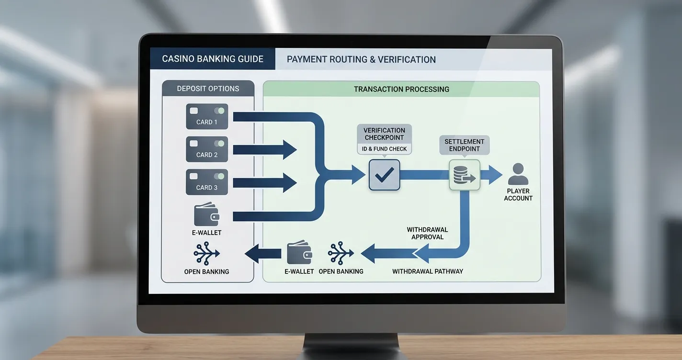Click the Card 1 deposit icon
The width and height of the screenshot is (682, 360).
(x=207, y=116)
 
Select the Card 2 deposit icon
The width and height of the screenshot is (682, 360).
(x=207, y=149)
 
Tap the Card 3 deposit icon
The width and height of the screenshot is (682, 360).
(x=207, y=182)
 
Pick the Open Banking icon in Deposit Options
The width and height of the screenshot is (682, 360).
(x=206, y=253)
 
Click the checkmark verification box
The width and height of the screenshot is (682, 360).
(x=384, y=175)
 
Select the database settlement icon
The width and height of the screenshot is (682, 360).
(x=464, y=175)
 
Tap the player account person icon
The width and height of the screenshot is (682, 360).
(x=518, y=174)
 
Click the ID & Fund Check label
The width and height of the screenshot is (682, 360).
(x=384, y=149)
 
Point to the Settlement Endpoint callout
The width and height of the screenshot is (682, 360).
(x=464, y=145)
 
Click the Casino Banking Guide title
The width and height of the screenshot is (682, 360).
(x=213, y=59)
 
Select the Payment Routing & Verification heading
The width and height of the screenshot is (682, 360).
(x=361, y=59)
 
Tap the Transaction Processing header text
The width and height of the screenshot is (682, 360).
(x=401, y=89)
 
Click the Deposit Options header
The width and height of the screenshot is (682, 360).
(x=208, y=89)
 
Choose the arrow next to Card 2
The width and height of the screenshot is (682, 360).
(x=265, y=150)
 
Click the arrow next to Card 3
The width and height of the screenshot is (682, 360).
(x=265, y=182)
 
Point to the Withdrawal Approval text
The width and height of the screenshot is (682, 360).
(x=428, y=234)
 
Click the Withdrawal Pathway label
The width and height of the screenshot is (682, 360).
(x=428, y=271)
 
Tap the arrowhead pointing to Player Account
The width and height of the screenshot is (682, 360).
(x=496, y=175)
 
